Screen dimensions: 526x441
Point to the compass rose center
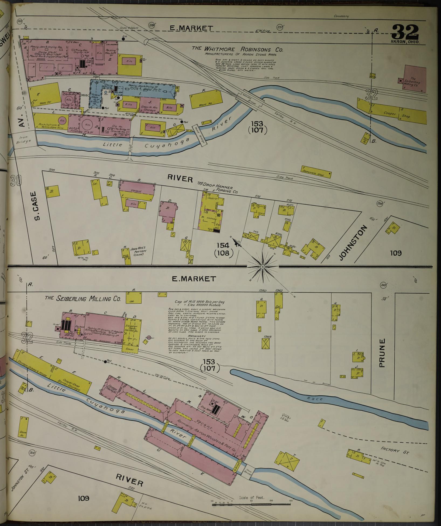coord(262,267)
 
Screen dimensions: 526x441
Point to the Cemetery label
coord(341,16)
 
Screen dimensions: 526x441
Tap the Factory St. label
coord(395,449)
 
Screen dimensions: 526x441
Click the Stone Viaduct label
coord(129,28)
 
